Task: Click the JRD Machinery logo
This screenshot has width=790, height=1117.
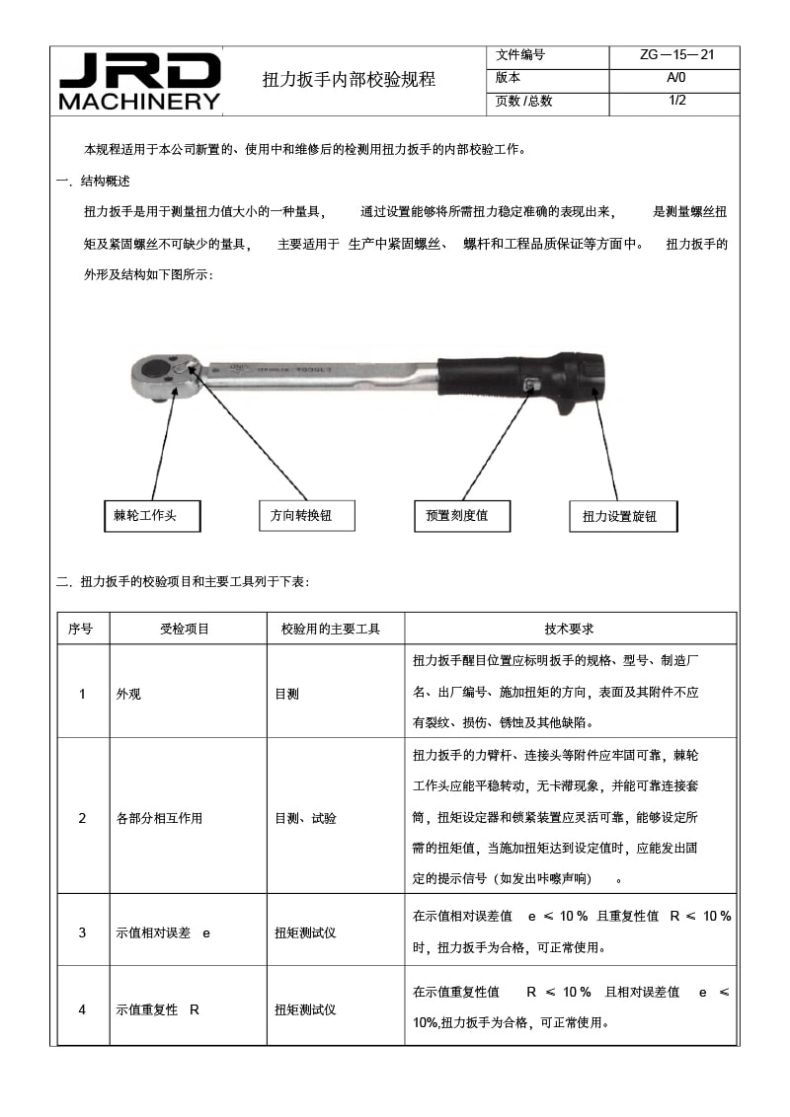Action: coord(139,81)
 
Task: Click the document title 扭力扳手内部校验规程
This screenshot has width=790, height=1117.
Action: coord(348,80)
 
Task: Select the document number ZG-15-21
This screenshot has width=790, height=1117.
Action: coord(676,55)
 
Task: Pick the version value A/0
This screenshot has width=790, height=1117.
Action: coord(676,78)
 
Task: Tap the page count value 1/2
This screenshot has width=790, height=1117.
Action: coord(676,101)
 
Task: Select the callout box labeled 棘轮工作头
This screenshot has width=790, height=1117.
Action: coord(152,515)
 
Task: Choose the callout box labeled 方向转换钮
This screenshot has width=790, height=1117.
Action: coord(306,515)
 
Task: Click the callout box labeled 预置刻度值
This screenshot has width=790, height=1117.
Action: coord(463,515)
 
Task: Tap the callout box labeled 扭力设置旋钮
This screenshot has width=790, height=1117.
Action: coord(622,516)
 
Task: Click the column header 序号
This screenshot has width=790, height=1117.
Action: coord(82,629)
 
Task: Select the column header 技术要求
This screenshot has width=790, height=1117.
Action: coord(569,629)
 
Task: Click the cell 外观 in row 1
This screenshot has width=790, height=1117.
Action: coord(129,694)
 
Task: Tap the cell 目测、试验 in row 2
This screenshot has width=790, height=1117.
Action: coord(305,818)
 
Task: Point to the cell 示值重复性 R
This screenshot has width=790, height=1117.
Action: coord(158,1009)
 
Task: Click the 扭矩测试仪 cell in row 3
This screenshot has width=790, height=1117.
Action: coord(305,932)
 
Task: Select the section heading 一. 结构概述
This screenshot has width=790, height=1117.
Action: coord(94,182)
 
